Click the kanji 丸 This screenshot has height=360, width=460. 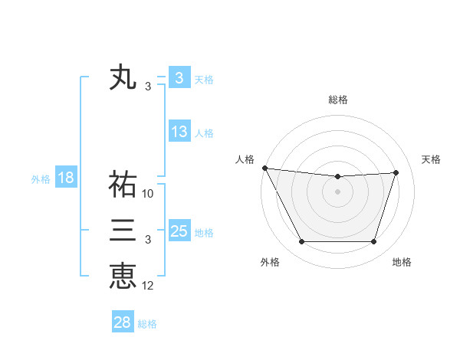pos(123,77)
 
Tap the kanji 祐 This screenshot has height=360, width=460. pos(123,184)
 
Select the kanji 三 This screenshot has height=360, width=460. pos(123,230)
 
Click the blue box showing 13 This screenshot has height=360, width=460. pos(179,132)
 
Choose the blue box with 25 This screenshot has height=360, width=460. pos(179,231)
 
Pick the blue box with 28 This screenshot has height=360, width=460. pos(123,322)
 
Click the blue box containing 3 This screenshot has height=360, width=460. pos(179,78)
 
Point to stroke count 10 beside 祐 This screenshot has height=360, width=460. pos(148,194)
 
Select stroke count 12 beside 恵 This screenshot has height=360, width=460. pos(148,286)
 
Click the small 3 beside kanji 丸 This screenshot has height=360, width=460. pos(148,87)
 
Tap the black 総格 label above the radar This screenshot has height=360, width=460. pos(338,100)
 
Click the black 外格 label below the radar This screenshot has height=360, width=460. pos(270,262)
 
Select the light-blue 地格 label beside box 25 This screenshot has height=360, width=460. pos(205,232)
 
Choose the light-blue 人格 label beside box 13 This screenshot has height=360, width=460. pos(205,133)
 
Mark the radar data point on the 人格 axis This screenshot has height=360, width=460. pos(264,168)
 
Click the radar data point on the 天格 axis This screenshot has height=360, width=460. pos(396,172)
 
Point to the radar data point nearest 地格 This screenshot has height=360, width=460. pos(374,242)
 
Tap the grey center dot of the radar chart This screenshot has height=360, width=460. pos(338,191)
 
